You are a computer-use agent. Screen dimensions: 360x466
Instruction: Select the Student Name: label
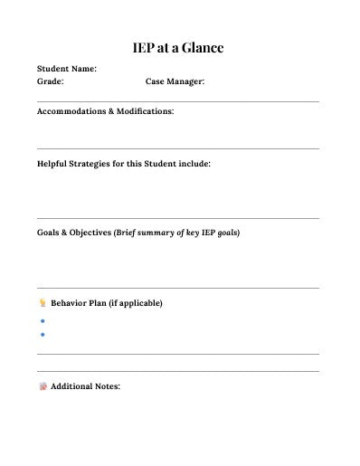coord(66,68)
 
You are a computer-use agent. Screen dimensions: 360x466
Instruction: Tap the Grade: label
coord(50,81)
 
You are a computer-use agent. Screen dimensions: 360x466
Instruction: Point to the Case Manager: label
coord(175,81)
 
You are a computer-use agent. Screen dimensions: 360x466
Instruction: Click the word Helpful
coord(53,165)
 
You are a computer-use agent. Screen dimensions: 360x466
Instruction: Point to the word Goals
coord(50,233)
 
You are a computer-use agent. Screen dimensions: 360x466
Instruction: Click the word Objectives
coord(90,233)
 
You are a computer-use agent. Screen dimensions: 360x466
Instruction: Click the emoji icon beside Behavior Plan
coord(42,303)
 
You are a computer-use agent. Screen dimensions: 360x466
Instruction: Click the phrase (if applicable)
coord(136,303)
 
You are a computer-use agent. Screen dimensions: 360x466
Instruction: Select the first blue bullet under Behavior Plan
coord(43,321)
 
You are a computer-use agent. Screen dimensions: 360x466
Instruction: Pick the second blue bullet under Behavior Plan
coord(43,335)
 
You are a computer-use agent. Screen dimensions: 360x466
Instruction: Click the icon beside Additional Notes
coord(42,387)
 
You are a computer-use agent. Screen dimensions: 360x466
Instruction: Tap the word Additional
coord(72,387)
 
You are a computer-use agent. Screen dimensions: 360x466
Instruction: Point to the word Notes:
coord(108,387)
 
